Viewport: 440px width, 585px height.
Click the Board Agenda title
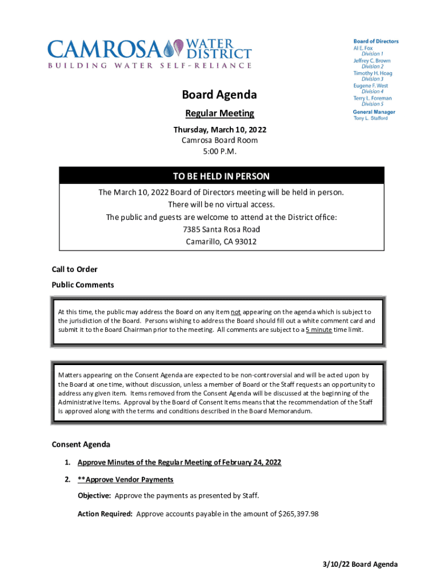coord(219,95)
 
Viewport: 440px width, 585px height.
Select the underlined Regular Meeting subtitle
coord(219,114)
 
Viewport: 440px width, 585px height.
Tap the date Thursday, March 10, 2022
coord(219,130)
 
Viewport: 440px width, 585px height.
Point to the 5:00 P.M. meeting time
coord(219,151)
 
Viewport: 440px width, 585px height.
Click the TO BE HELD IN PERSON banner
coord(221,176)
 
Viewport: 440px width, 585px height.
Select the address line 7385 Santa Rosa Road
coord(221,229)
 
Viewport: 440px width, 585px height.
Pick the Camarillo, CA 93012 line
coord(221,241)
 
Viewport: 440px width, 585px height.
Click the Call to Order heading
coord(75,269)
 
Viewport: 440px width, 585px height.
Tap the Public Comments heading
coord(83,285)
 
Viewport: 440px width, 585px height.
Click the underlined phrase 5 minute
coord(319,330)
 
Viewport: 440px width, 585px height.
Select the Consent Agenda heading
coord(81,444)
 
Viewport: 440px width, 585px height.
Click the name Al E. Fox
coord(363,48)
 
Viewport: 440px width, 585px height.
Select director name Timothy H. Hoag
coord(373,73)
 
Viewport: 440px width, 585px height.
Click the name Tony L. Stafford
coord(370,118)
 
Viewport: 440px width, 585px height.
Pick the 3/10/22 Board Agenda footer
coord(359,564)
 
